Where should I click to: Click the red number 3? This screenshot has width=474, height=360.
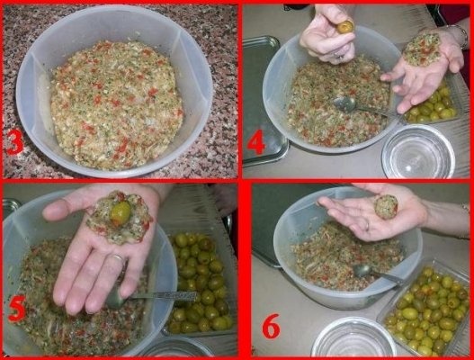tap(14, 142)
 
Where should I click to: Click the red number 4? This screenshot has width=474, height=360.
tap(256, 142)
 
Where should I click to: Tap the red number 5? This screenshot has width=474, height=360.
tap(17, 309)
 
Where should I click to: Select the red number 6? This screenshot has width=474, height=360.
tap(271, 326)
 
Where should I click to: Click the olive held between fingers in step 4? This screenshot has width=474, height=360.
tap(346, 27)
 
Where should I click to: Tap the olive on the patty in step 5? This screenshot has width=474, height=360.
tap(121, 212)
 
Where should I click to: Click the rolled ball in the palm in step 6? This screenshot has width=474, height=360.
tap(386, 207)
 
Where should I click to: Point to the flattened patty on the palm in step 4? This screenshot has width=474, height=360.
tap(422, 49)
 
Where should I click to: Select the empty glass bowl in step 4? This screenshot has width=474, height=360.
tap(418, 151)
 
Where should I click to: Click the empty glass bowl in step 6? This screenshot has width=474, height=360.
tap(353, 337)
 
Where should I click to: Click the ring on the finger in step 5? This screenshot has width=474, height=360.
tap(117, 258)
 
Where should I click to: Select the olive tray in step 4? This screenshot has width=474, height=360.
tap(432, 100)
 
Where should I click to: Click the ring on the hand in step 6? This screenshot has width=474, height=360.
tap(367, 225)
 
